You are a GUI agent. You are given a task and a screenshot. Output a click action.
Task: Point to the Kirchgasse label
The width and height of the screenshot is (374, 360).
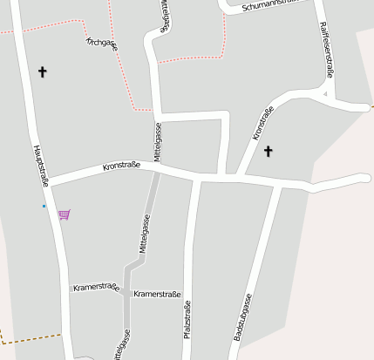[x=101, y=42]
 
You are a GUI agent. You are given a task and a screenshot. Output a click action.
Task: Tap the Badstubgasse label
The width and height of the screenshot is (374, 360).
[x=244, y=316]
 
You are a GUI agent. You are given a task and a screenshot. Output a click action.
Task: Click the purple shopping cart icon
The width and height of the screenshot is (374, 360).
[x=64, y=214]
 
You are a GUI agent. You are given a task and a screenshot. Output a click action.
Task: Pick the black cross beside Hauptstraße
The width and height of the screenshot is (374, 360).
[x=42, y=71]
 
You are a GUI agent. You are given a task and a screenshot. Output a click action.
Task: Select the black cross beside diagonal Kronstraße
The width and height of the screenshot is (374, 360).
[x=268, y=152]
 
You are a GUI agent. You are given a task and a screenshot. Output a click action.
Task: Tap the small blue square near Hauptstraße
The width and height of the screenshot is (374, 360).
[x=44, y=206]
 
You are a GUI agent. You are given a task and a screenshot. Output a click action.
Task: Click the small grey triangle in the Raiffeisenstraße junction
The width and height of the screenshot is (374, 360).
[x=325, y=93]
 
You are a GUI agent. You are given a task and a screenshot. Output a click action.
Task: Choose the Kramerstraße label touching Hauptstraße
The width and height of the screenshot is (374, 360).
[x=96, y=287]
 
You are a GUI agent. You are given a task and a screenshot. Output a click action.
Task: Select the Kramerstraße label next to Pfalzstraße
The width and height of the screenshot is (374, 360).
[x=157, y=295]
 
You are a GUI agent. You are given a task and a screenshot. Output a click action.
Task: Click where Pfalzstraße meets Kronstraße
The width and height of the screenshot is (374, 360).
[x=197, y=180]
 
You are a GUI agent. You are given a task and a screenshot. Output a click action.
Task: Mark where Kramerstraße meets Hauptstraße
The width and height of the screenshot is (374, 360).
[x=65, y=288]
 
